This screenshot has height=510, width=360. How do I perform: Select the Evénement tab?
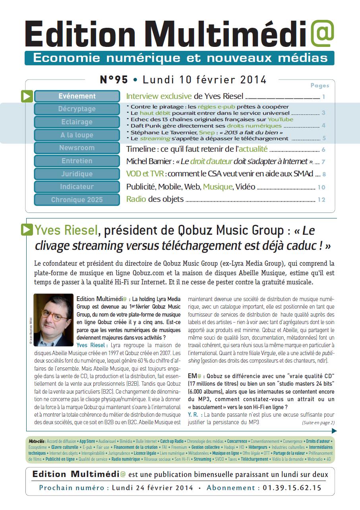(x=77, y=96)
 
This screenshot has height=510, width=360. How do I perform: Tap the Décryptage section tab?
(x=77, y=109)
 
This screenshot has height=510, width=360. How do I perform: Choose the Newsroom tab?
(x=77, y=148)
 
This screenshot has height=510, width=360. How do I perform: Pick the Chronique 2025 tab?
(x=77, y=200)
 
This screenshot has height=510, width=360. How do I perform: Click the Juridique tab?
(x=77, y=174)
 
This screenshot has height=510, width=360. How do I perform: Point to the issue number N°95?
(x=114, y=80)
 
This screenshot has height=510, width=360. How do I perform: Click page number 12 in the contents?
(x=321, y=200)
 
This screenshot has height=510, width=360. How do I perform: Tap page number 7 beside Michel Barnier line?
(x=323, y=162)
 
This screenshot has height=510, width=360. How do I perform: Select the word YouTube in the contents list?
(x=280, y=119)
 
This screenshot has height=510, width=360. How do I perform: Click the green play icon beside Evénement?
(x=27, y=96)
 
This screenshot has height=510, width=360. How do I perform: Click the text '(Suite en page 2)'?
(x=318, y=423)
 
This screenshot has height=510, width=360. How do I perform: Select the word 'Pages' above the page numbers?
(x=319, y=85)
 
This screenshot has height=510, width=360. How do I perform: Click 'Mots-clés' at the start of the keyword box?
(x=37, y=441)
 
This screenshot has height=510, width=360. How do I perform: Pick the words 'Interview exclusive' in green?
(x=159, y=96)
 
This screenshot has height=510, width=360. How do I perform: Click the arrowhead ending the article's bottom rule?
(x=334, y=431)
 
